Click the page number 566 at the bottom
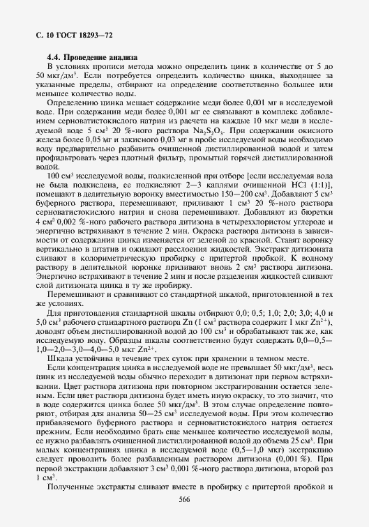coord(185,499)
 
